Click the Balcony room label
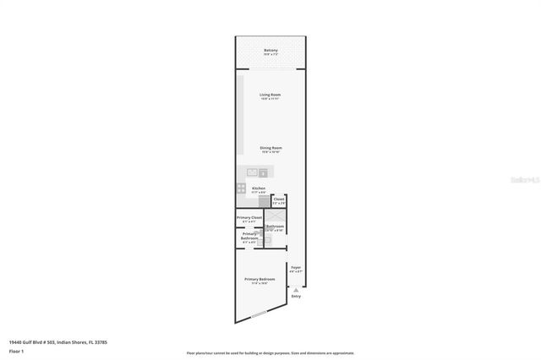pyautogui.click(x=270, y=51)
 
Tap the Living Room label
pyautogui.click(x=270, y=94)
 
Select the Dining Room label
pyautogui.click(x=270, y=147)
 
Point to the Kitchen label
pyautogui.click(x=259, y=188)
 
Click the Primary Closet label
pyautogui.click(x=249, y=218)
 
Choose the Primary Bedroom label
pyautogui.click(x=259, y=279)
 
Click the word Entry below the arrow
pyautogui.click(x=296, y=297)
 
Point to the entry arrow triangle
pyautogui.click(x=296, y=288)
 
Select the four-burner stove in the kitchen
pyautogui.click(x=241, y=188)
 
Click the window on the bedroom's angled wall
pyautogui.click(x=260, y=314)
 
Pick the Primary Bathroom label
pyautogui.click(x=249, y=236)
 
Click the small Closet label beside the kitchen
pyautogui.click(x=279, y=199)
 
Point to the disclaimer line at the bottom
pyautogui.click(x=270, y=352)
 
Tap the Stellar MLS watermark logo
pyautogui.click(x=525, y=180)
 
